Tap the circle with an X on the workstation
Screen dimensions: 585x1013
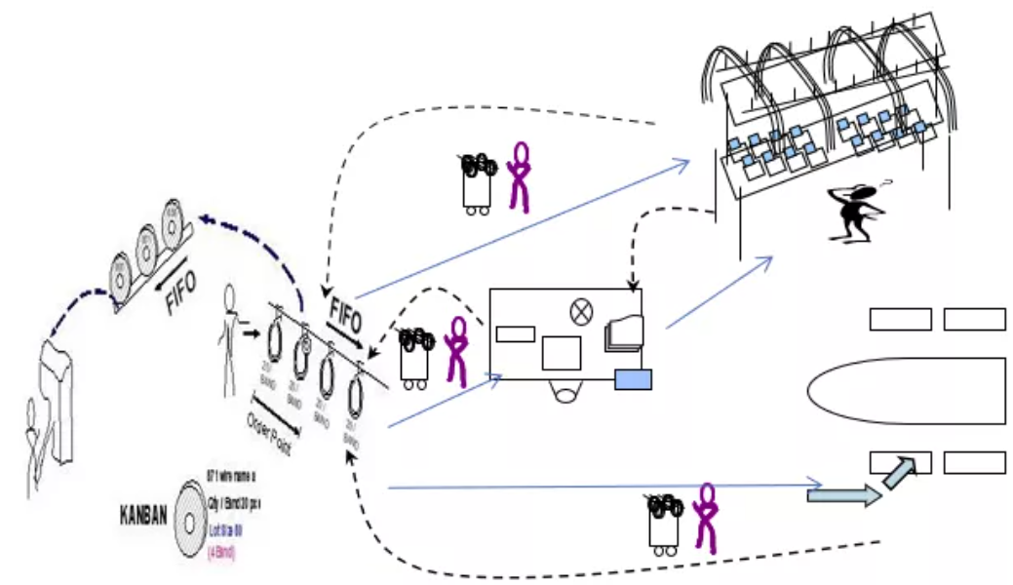coord(581,311)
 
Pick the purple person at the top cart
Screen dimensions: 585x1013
coord(522,176)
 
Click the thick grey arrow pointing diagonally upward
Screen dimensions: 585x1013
coord(900,473)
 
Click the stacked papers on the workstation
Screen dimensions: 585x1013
coord(624,333)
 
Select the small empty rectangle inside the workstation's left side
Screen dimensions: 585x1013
coord(514,334)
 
